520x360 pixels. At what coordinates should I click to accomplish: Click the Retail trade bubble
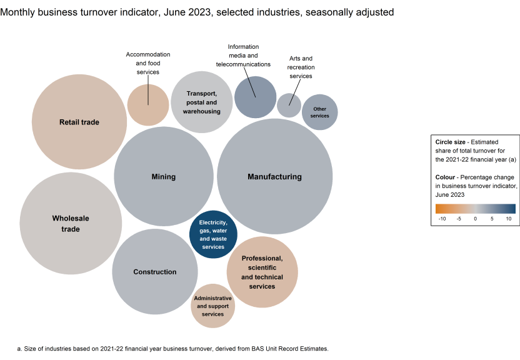tap(79, 122)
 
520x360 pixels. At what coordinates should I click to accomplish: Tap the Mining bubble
tap(163, 177)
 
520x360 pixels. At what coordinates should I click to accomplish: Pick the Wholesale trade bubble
tap(70, 224)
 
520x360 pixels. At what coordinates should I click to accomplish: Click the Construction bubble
tap(154, 272)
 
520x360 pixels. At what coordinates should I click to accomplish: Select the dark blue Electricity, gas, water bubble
tap(213, 234)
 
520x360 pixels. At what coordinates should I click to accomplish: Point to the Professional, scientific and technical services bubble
tap(262, 272)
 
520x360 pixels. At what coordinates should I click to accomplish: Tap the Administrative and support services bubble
tap(212, 306)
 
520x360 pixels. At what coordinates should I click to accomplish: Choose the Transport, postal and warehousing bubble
tap(201, 102)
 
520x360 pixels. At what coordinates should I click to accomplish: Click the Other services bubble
tap(319, 112)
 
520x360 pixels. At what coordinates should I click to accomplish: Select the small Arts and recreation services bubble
tap(289, 105)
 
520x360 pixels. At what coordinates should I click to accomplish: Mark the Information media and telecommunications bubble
tap(255, 97)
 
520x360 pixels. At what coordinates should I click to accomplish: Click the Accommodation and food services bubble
tap(148, 104)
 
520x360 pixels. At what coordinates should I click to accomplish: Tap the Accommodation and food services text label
tap(148, 63)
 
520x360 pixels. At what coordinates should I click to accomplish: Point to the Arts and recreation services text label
tap(299, 67)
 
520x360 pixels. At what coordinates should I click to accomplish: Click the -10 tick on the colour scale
tap(441, 219)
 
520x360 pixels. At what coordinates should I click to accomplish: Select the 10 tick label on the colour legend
tap(509, 219)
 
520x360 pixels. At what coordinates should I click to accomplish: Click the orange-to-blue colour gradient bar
tap(476, 209)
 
